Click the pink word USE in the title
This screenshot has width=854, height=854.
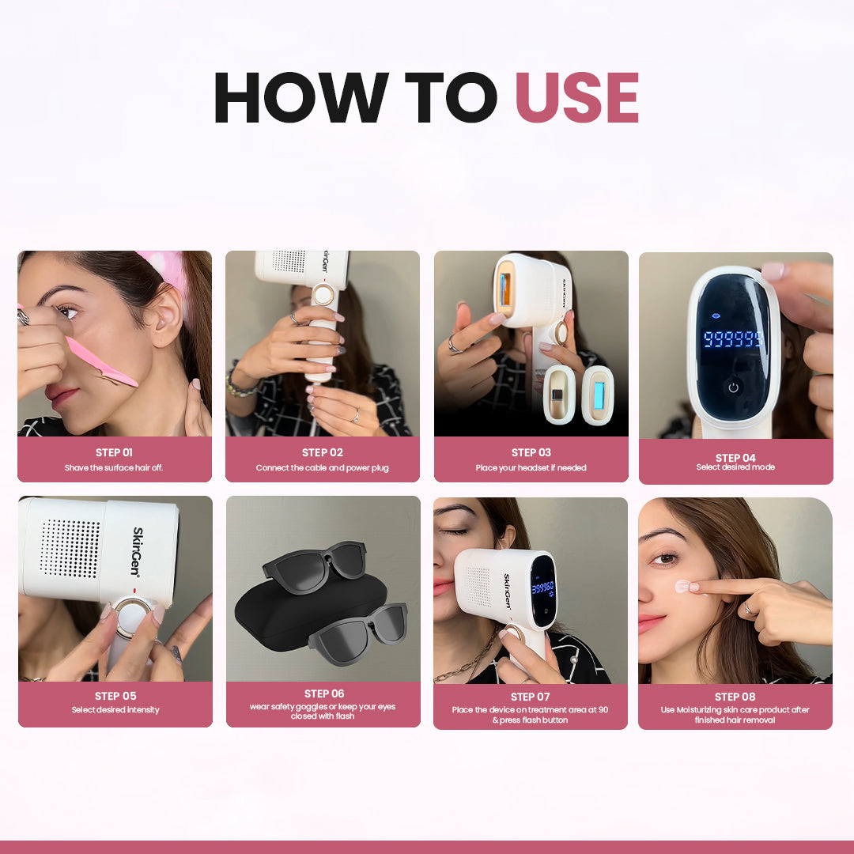coord(576,97)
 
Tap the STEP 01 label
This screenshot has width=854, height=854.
coord(115,452)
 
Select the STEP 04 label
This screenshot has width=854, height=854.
coord(735,458)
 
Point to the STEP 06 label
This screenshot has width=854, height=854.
coord(324,693)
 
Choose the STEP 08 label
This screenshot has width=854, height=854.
coord(735,697)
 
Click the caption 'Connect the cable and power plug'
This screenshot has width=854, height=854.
coord(323,468)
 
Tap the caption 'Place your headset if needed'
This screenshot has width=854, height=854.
coord(531,468)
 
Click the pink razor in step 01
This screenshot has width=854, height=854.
coord(100,362)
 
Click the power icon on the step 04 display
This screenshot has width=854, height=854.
coord(733,387)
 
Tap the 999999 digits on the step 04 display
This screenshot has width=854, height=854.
coord(732,338)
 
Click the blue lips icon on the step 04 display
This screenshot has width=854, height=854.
coord(716,316)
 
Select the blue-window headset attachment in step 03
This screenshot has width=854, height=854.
coord(598,395)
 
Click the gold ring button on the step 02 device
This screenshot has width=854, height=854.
coord(323,295)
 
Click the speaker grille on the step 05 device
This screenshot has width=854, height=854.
coord(70,549)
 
